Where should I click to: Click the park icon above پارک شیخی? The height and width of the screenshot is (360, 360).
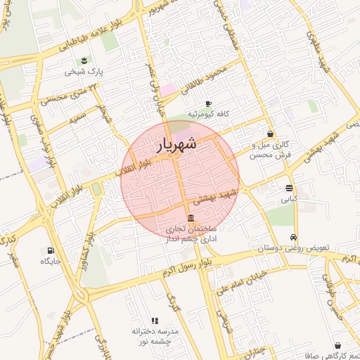(84, 60)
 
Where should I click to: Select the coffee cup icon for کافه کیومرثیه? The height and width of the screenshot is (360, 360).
(208, 103)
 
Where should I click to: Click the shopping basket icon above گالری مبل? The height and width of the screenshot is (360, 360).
(270, 133)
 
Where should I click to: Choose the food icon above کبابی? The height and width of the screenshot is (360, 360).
(289, 188)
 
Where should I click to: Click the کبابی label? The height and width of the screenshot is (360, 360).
(289, 199)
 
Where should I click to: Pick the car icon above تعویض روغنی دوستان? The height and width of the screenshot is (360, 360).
(293, 237)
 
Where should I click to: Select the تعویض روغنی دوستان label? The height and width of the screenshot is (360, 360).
(293, 248)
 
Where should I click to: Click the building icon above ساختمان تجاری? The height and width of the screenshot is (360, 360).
(191, 217)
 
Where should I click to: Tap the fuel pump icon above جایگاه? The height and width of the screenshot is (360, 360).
(50, 250)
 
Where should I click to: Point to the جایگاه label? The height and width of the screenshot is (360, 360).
(51, 261)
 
